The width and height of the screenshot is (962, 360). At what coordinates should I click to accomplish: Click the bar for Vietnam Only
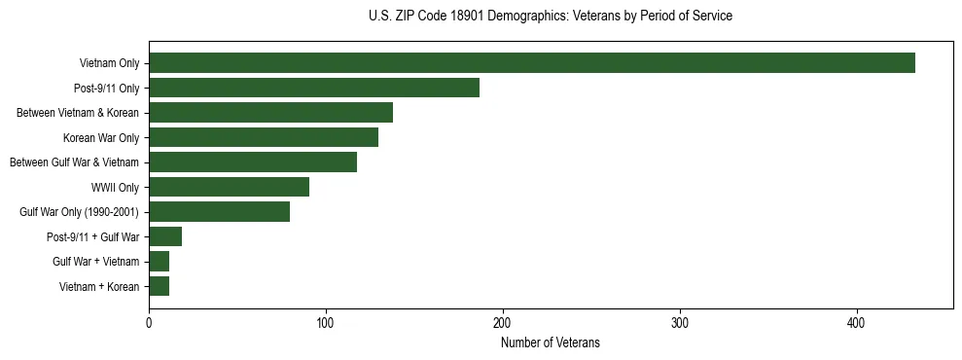(x=532, y=63)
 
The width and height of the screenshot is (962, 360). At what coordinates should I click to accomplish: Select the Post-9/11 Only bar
(x=314, y=88)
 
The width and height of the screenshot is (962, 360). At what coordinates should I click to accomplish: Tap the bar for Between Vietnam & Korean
(x=270, y=113)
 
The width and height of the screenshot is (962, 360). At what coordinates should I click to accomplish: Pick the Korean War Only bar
(x=264, y=137)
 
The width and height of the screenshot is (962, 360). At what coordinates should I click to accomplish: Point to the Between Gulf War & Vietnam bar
(x=253, y=162)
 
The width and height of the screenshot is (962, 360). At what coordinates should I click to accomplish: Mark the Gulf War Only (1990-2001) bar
(x=219, y=211)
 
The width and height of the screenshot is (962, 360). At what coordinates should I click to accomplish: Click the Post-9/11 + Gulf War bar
(x=165, y=236)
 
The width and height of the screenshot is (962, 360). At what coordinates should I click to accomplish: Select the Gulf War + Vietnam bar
(x=159, y=261)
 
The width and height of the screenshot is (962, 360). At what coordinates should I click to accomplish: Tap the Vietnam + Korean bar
(x=159, y=286)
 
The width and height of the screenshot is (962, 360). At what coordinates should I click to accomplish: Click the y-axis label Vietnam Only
(x=109, y=64)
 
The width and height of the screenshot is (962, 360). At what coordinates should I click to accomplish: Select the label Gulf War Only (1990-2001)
(x=79, y=212)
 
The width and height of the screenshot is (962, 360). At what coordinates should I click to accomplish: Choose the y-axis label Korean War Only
(x=101, y=138)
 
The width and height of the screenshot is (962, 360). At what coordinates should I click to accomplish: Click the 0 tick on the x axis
(x=149, y=322)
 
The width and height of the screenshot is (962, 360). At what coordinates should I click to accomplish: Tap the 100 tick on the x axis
(x=326, y=322)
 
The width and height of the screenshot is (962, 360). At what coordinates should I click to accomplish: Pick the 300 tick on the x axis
(x=680, y=322)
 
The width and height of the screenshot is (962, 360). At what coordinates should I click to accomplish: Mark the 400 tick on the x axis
(x=857, y=322)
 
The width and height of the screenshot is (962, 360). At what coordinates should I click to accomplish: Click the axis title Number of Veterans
(x=551, y=343)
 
